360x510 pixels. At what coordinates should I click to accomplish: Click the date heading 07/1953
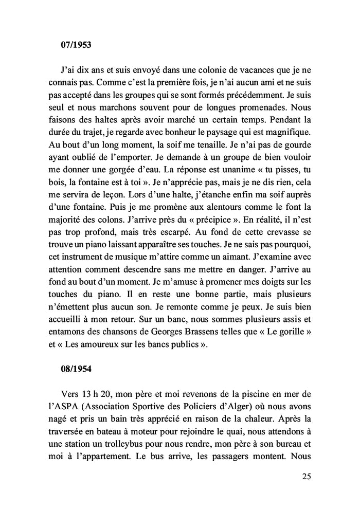pos(76,45)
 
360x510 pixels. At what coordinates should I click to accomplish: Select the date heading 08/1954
pos(76,369)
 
